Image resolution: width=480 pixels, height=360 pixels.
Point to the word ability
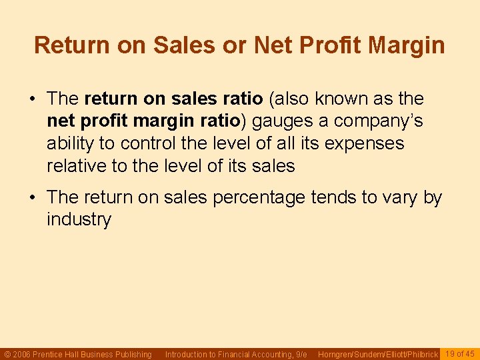click(68, 143)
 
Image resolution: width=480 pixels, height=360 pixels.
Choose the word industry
click(79, 219)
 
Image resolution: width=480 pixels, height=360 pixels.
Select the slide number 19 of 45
click(460, 354)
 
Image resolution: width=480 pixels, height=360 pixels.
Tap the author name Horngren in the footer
click(337, 355)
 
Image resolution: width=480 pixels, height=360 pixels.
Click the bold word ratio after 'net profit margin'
click(217, 121)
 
